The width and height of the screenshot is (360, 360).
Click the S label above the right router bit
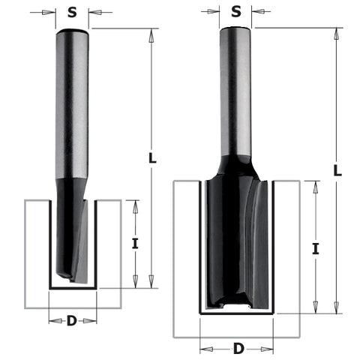point(236,11)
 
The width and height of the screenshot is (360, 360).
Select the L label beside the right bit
point(338,170)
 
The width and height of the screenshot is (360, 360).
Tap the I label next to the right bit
point(316,249)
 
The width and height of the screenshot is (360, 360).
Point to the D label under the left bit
point(72,321)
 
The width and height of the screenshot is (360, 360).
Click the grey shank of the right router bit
point(236,90)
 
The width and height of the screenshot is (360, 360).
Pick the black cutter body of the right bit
point(235,240)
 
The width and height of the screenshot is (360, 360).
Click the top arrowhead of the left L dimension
point(151,34)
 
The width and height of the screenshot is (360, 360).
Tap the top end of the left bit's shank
point(73,31)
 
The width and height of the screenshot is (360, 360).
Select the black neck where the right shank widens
point(236,163)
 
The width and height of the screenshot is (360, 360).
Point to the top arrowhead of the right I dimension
point(316,187)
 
